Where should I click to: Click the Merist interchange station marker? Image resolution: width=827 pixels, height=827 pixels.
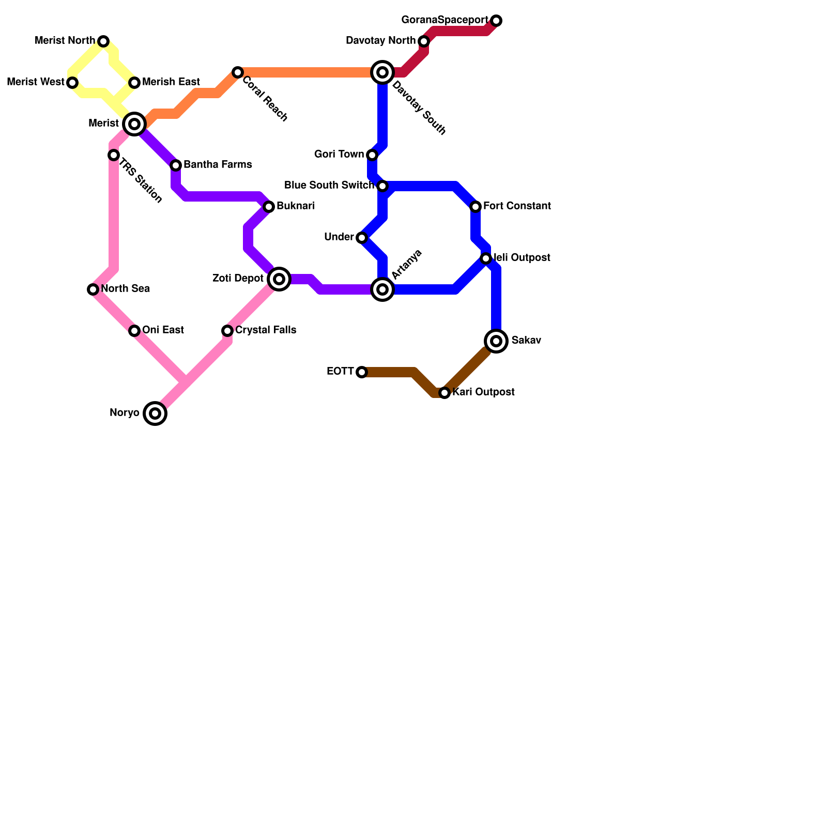coord(134,124)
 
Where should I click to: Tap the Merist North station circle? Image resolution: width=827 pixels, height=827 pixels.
coord(103,41)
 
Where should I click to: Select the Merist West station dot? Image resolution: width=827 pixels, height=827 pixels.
coord(72,83)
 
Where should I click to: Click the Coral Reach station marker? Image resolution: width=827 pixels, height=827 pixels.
coord(237,72)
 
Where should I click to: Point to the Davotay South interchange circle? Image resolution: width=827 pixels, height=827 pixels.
coord(382,72)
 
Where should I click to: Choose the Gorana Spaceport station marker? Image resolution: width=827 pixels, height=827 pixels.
coord(496,21)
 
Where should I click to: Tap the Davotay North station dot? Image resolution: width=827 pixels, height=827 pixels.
coord(424,41)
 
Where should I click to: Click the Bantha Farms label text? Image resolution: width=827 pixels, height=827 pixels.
coord(218,165)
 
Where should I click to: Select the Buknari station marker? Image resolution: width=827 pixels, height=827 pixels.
coord(269,207)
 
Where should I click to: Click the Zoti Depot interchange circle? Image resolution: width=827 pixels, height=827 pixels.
coord(279,279)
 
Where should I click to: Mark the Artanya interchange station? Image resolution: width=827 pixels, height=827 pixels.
coord(382,289)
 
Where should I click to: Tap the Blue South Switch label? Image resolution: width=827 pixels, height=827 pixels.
coord(329,186)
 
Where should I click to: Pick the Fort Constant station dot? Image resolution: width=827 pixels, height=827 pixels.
coord(476,207)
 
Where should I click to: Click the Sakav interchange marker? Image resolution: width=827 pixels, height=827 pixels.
coord(496,341)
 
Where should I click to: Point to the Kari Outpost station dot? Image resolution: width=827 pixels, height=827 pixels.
coord(445,393)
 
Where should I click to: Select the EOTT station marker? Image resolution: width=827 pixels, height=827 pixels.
coord(362,372)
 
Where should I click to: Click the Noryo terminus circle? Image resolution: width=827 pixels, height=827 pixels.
coord(155,413)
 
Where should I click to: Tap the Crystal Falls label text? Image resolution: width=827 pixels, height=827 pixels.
coord(266,330)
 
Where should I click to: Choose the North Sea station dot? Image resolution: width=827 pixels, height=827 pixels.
coord(93,289)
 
